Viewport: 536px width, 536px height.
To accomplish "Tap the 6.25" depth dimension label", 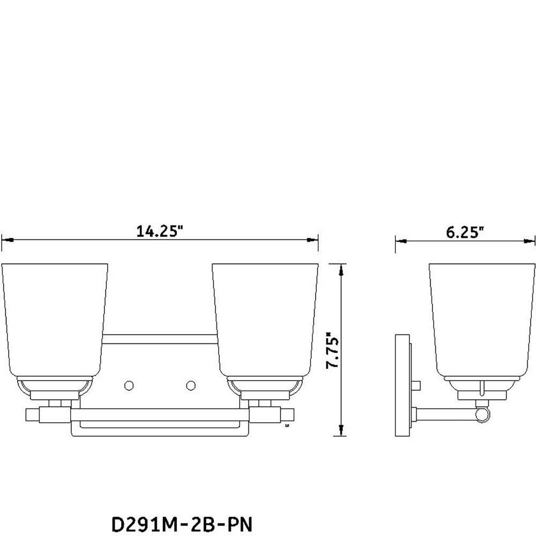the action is click(x=465, y=232).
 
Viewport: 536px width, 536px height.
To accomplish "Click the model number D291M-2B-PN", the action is click(x=182, y=524).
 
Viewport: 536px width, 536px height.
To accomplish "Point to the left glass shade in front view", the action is click(x=55, y=321).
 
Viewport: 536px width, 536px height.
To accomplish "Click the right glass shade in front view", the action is click(x=265, y=321).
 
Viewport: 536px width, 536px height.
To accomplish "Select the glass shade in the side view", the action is click(x=482, y=321).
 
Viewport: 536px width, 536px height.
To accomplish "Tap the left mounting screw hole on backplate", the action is click(x=129, y=385).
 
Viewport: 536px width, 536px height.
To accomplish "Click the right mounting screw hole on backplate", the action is click(x=191, y=385).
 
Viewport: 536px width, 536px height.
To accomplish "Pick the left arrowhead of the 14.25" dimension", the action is click(x=7, y=240).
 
